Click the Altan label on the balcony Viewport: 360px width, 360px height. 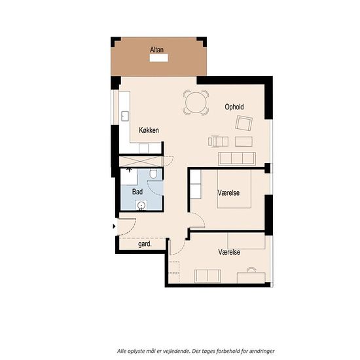click(157, 50)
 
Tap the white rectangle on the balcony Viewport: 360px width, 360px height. click(158, 58)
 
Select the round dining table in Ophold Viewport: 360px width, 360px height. click(196, 102)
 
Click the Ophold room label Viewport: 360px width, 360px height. click(234, 107)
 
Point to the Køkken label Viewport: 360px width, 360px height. click(149, 130)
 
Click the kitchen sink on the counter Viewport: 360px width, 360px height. click(125, 116)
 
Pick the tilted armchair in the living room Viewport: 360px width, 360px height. click(244, 123)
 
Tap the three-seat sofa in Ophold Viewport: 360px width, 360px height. click(237, 158)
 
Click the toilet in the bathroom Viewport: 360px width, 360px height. click(153, 174)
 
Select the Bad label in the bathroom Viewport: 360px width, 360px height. click(137, 192)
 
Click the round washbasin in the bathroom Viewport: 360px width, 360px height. click(141, 205)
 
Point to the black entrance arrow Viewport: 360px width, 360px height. click(114, 226)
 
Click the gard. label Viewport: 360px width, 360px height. click(145, 244)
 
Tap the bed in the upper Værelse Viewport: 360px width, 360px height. click(234, 189)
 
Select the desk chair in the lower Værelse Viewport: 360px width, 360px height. click(251, 270)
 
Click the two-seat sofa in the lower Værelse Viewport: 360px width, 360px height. click(207, 276)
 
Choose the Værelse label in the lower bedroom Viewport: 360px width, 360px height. click(229, 252)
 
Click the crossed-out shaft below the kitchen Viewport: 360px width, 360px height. click(141, 162)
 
